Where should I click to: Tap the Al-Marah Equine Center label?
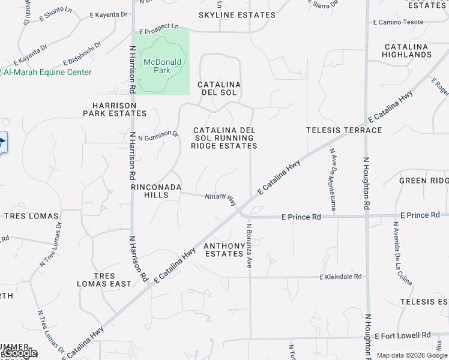(48, 72)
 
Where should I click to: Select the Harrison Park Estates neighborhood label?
(115, 109)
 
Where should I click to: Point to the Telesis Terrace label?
(344, 130)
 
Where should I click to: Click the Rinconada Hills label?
(156, 191)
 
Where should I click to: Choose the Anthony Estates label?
(224, 250)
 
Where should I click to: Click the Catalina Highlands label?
(408, 50)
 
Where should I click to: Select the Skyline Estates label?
(229, 15)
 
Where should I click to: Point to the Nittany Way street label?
(220, 197)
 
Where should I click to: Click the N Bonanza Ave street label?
(248, 245)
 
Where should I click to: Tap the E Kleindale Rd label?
(341, 277)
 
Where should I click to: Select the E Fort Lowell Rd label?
(403, 335)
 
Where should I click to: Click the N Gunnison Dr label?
(158, 136)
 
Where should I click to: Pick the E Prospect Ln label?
(159, 28)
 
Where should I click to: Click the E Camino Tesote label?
(399, 22)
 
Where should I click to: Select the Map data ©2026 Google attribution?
(412, 355)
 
